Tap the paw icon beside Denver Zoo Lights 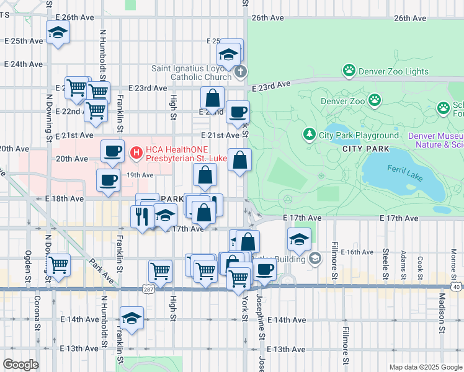click(x=349, y=71)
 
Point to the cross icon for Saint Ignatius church click(x=241, y=73)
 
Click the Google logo click(x=20, y=365)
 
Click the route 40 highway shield click(x=455, y=287)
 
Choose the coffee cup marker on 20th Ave click(x=112, y=151)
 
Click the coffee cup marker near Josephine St click(x=264, y=270)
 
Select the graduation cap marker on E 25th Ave click(x=58, y=32)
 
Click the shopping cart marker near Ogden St click(x=58, y=265)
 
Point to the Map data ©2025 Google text click(x=424, y=367)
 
